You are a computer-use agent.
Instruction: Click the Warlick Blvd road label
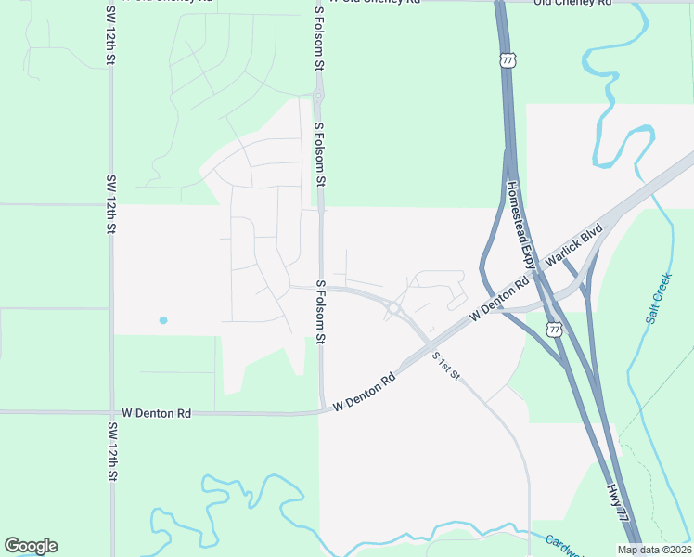pos(573,246)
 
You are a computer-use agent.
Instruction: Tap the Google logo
pos(31,546)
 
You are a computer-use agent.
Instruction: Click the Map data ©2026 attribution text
pos(654,550)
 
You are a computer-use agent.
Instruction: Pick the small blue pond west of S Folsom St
pos(163,320)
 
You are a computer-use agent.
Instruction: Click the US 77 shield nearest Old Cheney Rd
pos(507,60)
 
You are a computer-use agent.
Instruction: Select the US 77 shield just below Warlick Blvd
pos(554,330)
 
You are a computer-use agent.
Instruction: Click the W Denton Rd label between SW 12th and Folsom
pos(156,412)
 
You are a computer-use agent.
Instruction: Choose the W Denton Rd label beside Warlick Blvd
pos(498,298)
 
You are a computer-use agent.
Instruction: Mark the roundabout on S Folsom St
pos(319,95)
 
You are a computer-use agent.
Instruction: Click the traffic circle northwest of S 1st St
pos(394,307)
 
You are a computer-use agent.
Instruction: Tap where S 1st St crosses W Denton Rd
pos(431,347)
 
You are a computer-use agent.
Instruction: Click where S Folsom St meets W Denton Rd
pos(323,409)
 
